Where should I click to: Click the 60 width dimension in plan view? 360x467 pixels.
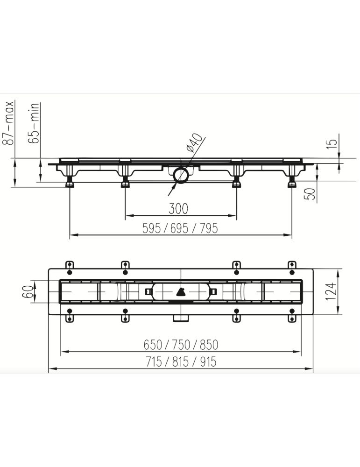tap(29, 293)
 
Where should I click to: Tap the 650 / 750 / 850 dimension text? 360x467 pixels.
tap(180, 345)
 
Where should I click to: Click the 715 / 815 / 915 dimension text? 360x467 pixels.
tap(180, 361)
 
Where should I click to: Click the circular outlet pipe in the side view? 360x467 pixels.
tap(180, 176)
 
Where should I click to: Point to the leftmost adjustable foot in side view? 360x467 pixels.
tap(70, 181)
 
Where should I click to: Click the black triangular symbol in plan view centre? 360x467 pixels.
tap(180, 292)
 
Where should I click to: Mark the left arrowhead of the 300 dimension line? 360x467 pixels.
tap(128, 216)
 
